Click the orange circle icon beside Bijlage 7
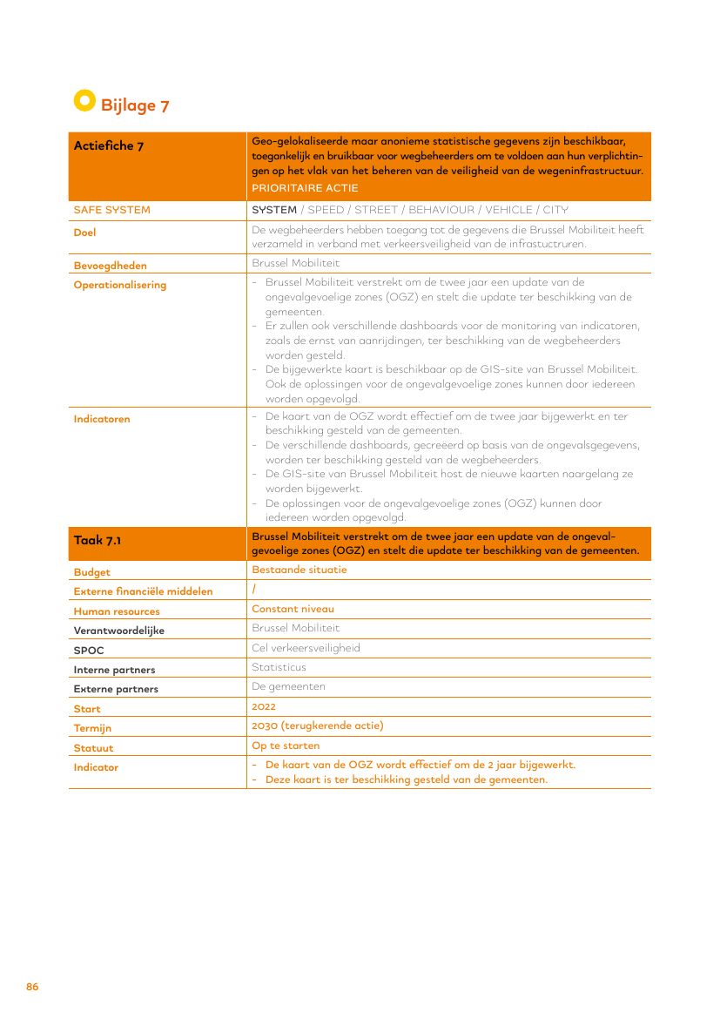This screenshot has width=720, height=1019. point(84,101)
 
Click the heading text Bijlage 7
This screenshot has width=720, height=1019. point(135,106)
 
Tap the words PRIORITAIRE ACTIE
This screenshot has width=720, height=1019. point(304,188)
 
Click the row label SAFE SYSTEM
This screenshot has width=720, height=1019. point(111,210)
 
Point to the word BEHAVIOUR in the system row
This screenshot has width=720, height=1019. point(441,210)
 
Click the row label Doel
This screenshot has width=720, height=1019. point(84,233)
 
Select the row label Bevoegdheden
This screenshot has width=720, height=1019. point(110,266)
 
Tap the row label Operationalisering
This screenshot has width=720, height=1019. point(119,285)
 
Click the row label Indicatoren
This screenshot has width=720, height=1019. point(102,419)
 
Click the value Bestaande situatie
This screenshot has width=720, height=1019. point(299,570)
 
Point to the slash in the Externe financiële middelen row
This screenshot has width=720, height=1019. point(253,590)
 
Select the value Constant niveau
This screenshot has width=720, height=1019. point(293,609)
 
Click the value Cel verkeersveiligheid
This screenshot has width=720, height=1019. point(306,648)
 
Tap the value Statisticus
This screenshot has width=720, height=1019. point(279,667)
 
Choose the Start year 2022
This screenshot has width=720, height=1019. point(264,706)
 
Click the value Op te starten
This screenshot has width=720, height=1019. point(286,746)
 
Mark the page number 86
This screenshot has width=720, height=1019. point(32,987)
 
